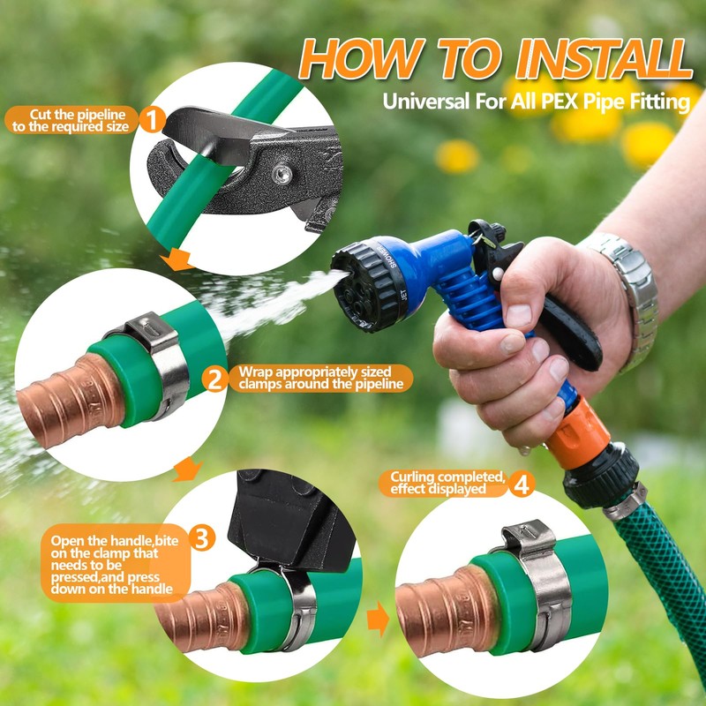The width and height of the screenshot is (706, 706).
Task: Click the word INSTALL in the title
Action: [x=604, y=59]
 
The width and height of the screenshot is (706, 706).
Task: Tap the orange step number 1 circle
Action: [x=152, y=120]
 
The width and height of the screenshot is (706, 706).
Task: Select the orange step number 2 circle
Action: [x=214, y=379]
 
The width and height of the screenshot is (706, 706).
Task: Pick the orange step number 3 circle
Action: [x=202, y=537]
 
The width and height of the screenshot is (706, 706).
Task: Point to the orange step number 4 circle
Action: [x=522, y=484]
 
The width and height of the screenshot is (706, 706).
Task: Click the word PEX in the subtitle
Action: [x=560, y=101]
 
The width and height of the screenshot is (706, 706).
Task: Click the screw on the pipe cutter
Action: [x=282, y=174]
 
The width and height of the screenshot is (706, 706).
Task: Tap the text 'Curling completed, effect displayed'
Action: [x=447, y=483]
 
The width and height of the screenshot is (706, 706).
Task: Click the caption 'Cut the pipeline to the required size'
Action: [x=71, y=120]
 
